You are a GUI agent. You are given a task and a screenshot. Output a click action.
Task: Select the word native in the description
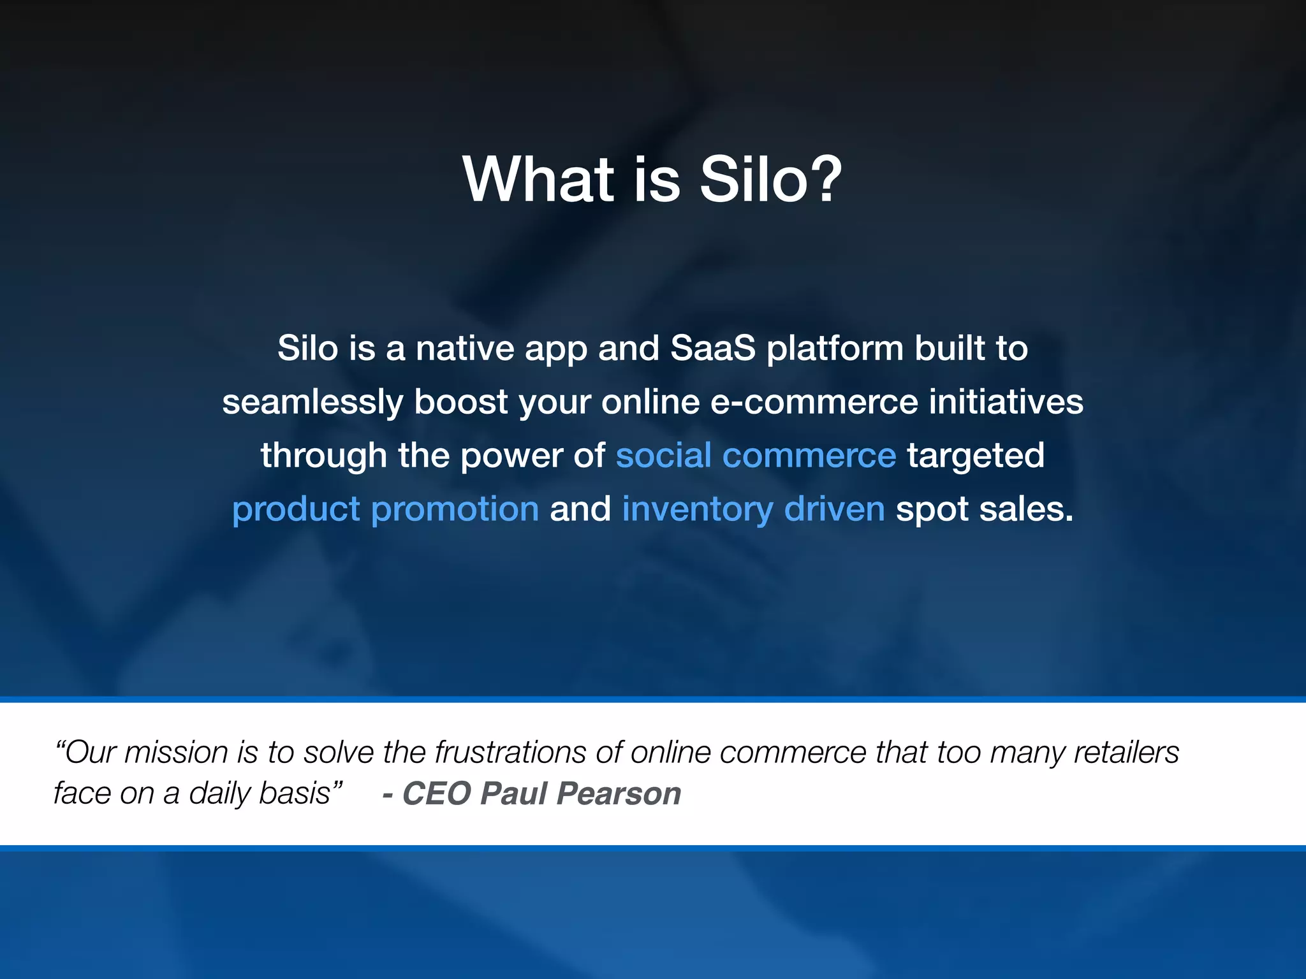tap(465, 349)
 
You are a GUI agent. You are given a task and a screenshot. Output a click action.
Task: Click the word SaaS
tap(712, 349)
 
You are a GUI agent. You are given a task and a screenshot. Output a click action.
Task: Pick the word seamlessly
tap(312, 403)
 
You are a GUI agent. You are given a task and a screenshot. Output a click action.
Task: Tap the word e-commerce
tap(814, 402)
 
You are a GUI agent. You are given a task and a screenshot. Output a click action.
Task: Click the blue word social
tap(663, 456)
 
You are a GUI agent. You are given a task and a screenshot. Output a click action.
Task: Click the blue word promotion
tap(455, 510)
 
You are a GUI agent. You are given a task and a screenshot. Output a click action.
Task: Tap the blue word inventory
tap(697, 510)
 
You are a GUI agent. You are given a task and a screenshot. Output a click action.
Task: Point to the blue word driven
tap(834, 509)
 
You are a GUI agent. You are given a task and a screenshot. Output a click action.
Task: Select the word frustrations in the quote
tap(510, 753)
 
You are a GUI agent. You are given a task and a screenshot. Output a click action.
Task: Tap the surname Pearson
tap(619, 794)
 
